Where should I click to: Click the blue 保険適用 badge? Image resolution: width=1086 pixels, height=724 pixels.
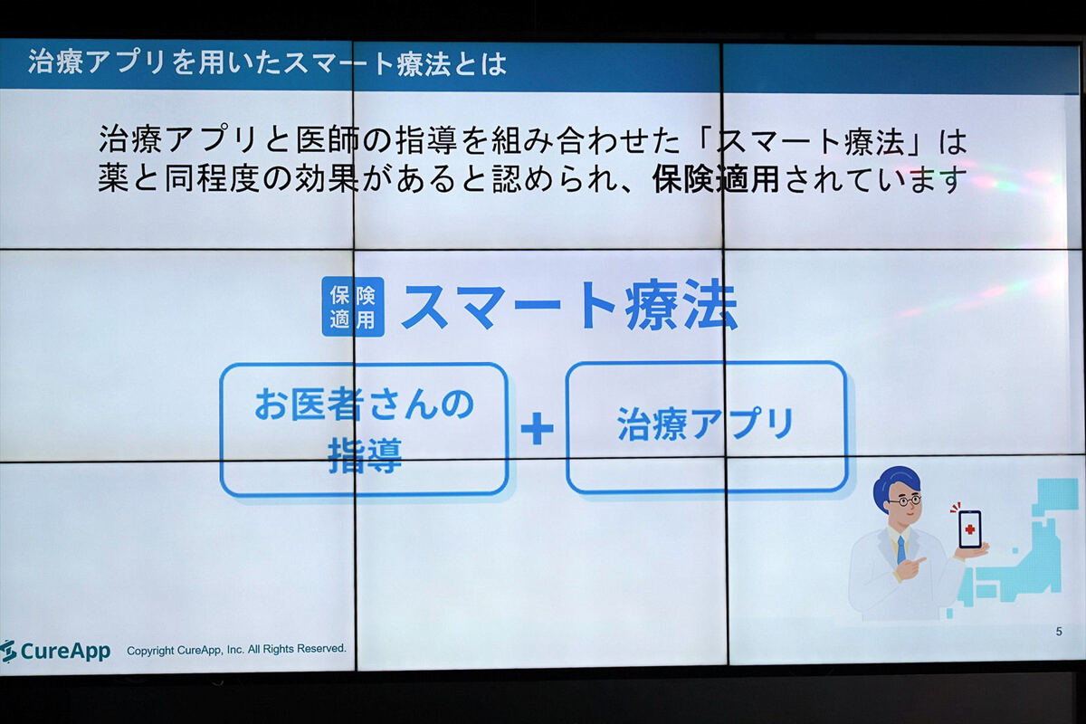353,307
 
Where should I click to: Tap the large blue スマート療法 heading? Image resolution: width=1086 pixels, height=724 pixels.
569,306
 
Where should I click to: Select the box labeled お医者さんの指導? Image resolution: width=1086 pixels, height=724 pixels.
364,430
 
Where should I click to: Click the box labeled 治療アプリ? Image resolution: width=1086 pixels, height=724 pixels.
707,427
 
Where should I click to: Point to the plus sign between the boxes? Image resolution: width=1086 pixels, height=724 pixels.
537,428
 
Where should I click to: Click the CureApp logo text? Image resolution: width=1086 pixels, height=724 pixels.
65,652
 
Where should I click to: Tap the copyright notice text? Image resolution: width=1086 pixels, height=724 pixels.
236,649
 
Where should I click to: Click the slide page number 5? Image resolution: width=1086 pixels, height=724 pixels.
1059,632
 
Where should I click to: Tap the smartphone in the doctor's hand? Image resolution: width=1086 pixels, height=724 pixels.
969,529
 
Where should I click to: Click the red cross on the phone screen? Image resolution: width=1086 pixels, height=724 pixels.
970,529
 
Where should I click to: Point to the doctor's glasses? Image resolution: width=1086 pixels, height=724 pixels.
905,500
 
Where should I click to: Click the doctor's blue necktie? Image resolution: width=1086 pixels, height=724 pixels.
900,549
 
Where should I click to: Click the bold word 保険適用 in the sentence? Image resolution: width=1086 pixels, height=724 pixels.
716,179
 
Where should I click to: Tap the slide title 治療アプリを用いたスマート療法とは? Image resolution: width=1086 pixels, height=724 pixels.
267,63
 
